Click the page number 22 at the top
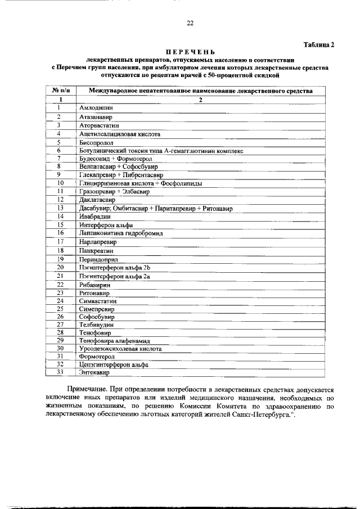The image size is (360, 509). click(190, 23)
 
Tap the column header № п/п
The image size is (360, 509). click(60, 91)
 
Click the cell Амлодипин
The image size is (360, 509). click(96, 107)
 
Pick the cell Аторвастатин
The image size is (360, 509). click(99, 125)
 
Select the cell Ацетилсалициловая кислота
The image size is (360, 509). click(120, 134)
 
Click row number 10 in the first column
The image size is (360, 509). click(60, 183)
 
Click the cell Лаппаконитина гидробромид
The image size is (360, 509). click(118, 232)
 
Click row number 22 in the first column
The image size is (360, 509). click(60, 285)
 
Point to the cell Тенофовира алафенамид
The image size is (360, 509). click(115, 341)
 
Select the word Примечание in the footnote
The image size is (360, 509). click(88, 389)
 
